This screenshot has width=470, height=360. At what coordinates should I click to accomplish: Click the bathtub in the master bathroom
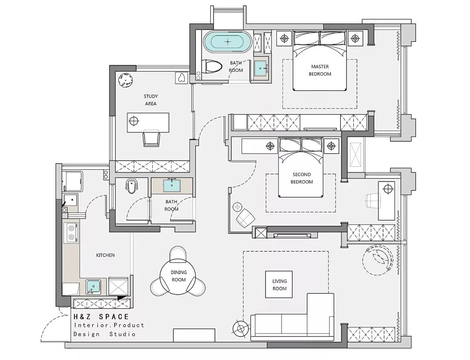[x=227, y=41]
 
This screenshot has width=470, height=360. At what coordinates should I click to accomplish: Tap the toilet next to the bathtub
[x=211, y=67]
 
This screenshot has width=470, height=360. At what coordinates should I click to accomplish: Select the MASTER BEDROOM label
[x=320, y=70]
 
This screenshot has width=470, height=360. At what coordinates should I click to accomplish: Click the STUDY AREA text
[x=151, y=100]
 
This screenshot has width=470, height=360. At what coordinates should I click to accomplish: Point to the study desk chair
[x=151, y=138]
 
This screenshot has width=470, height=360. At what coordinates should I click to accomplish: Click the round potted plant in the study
[x=126, y=81]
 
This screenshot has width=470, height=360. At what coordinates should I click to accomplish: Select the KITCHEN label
[x=105, y=256]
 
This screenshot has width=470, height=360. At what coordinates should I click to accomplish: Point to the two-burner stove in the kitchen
[x=71, y=233]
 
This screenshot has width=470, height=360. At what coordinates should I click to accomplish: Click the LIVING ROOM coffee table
[x=279, y=284]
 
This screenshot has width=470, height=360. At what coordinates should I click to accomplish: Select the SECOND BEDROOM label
[x=302, y=178]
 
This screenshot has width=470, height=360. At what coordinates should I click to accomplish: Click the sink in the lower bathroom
[x=172, y=185]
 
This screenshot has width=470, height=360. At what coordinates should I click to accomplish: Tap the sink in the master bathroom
[x=261, y=68]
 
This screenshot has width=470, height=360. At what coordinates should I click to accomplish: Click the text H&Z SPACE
[x=101, y=316]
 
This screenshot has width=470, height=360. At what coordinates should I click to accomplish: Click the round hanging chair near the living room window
[x=377, y=259]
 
